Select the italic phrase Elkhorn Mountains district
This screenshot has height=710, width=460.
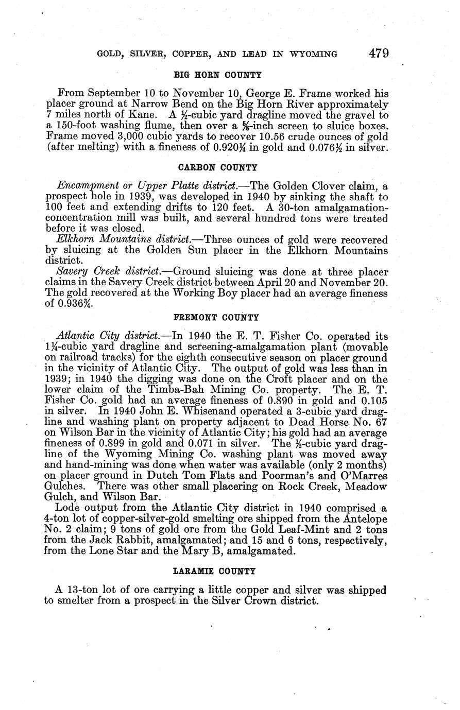tap(124, 240)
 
